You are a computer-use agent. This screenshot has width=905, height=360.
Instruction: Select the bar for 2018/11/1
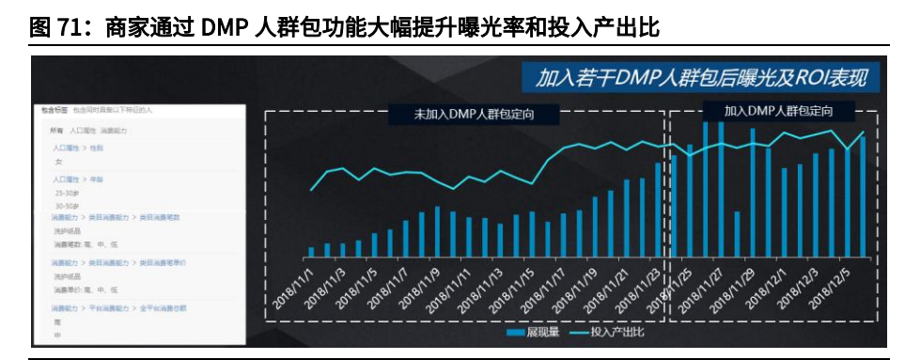311,252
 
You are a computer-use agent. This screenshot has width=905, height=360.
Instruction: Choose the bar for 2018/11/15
532,234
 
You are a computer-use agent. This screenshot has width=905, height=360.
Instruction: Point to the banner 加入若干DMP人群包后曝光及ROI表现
701,77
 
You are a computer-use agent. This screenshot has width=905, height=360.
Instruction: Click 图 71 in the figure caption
55,29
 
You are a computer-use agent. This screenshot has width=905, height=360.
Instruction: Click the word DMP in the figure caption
220,29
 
